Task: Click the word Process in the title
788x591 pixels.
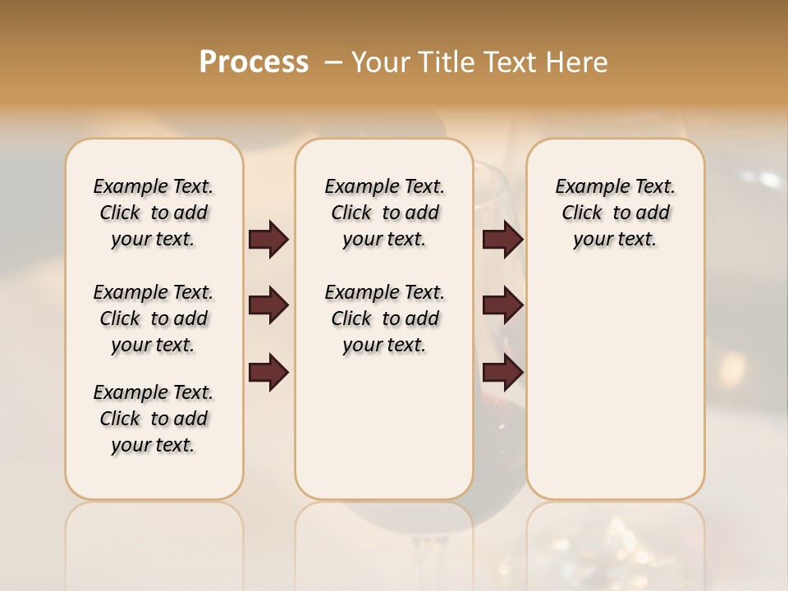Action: [254, 62]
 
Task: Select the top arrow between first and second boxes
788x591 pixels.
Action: [268, 239]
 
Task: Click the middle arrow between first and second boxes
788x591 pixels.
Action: [268, 305]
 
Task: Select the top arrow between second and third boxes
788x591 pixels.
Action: [502, 239]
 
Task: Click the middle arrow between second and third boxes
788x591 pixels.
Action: [502, 305]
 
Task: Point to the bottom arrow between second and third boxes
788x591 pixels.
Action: [502, 373]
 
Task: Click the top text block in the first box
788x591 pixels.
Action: [153, 213]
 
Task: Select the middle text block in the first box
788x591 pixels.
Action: [153, 318]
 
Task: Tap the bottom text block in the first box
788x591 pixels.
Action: [153, 419]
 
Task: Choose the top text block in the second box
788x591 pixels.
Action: [384, 213]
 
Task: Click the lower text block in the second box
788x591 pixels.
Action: [384, 318]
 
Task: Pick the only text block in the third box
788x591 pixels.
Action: [615, 213]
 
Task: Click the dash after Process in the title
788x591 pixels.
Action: [333, 62]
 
